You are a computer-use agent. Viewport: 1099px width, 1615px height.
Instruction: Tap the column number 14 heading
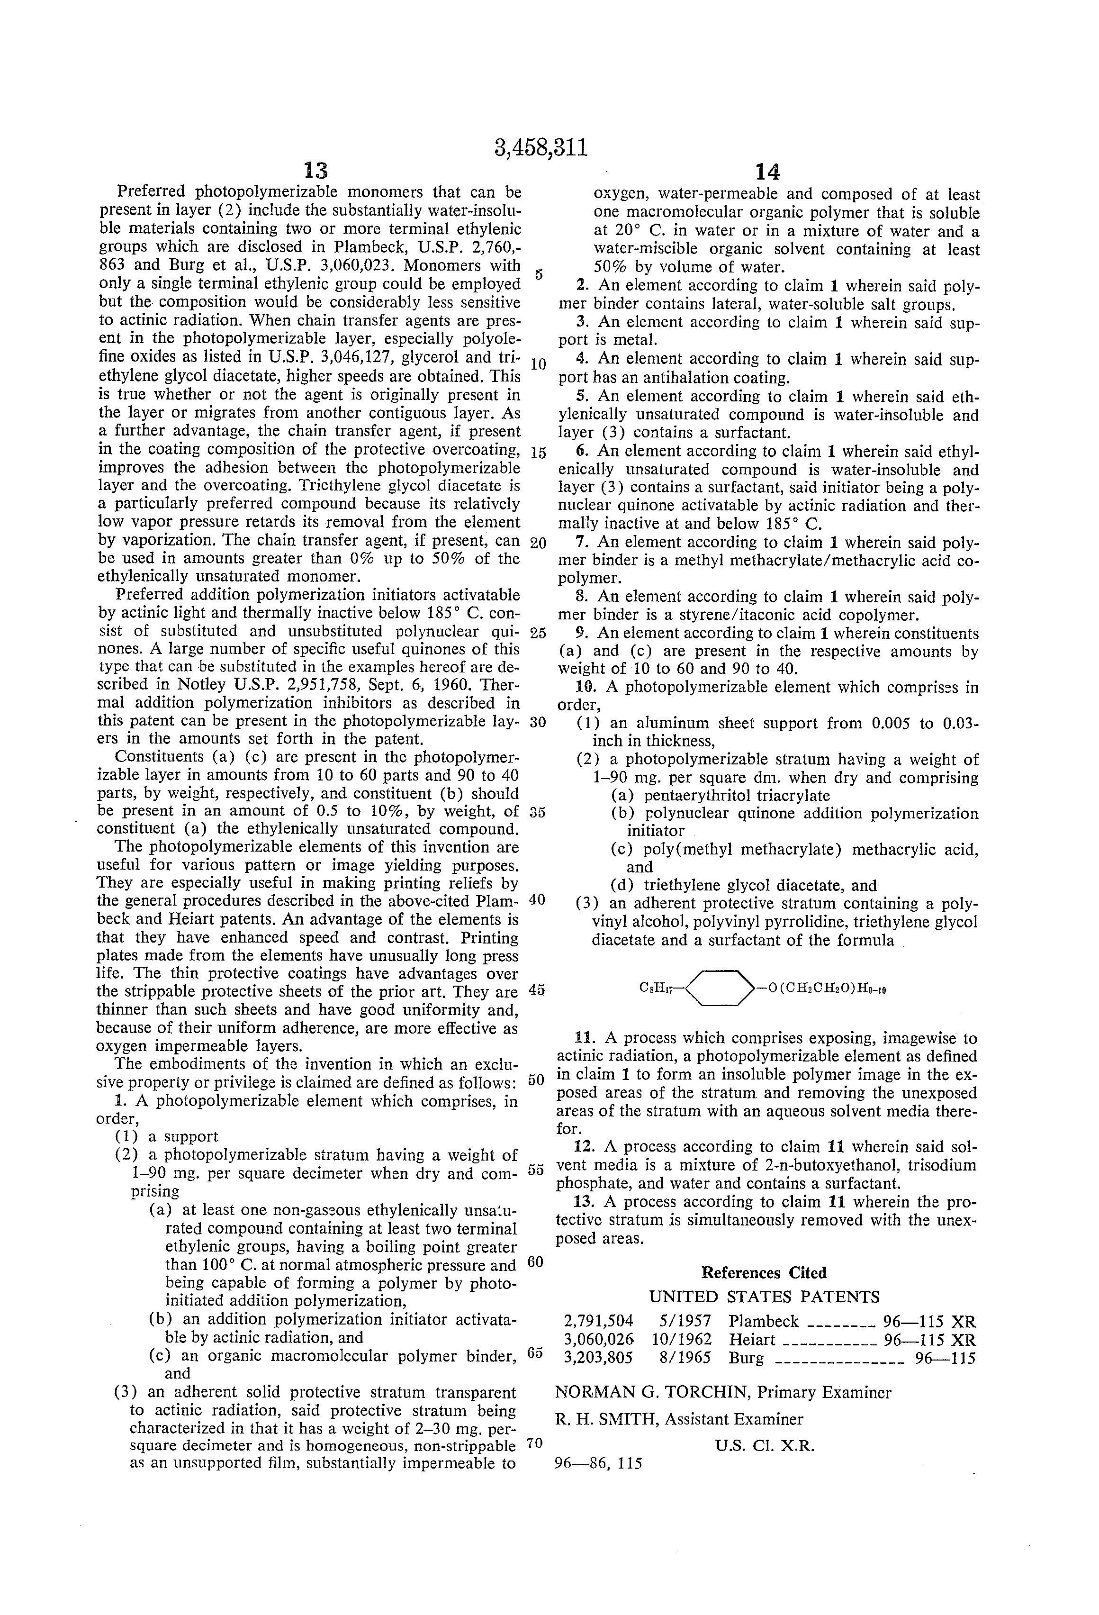[x=767, y=172]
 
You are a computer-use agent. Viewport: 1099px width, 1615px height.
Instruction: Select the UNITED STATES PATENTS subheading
[x=764, y=1297]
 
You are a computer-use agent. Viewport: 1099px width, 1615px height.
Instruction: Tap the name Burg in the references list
[x=746, y=1358]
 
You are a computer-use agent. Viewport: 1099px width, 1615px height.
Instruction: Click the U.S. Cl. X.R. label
[x=764, y=1445]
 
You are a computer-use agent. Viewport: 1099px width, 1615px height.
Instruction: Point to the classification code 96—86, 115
[x=598, y=1463]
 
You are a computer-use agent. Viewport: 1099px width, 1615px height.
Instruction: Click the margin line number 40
[x=537, y=899]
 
